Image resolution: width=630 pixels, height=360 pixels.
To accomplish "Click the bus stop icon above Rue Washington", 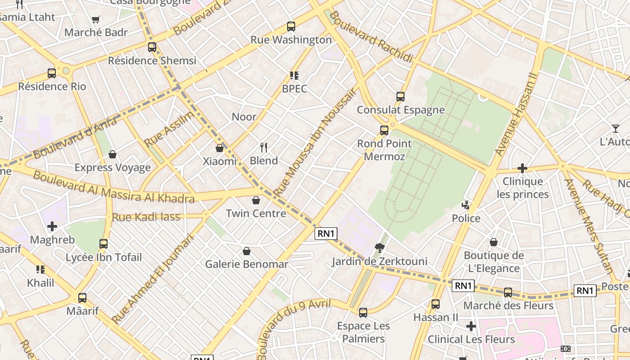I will click(291, 27).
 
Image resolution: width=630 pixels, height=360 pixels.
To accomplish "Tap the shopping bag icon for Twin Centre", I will click(256, 200).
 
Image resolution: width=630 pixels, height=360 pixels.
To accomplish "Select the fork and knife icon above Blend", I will click(264, 147).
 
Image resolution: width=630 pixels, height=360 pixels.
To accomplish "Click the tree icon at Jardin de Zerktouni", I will click(379, 247).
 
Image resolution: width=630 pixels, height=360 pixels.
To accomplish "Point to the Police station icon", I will click(466, 205).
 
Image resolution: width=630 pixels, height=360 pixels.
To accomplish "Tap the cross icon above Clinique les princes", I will click(522, 169).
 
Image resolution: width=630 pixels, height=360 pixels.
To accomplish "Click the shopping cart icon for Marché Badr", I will click(95, 19).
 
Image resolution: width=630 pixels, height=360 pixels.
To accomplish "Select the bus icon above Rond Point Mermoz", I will click(384, 130).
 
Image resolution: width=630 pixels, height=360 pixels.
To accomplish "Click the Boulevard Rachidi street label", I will click(371, 37).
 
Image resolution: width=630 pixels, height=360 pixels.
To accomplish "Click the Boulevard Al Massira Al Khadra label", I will click(113, 187).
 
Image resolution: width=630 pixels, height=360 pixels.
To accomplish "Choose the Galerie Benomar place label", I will click(246, 264).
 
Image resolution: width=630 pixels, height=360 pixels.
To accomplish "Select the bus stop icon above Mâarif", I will click(82, 297).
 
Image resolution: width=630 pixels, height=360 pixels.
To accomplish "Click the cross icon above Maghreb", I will click(52, 226).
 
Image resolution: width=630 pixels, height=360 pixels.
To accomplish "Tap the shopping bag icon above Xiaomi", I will click(220, 148).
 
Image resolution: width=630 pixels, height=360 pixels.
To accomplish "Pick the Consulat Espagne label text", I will click(400, 110).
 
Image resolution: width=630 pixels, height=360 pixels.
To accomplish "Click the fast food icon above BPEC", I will click(294, 75).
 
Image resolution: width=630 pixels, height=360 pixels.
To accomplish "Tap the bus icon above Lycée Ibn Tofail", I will click(103, 244).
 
